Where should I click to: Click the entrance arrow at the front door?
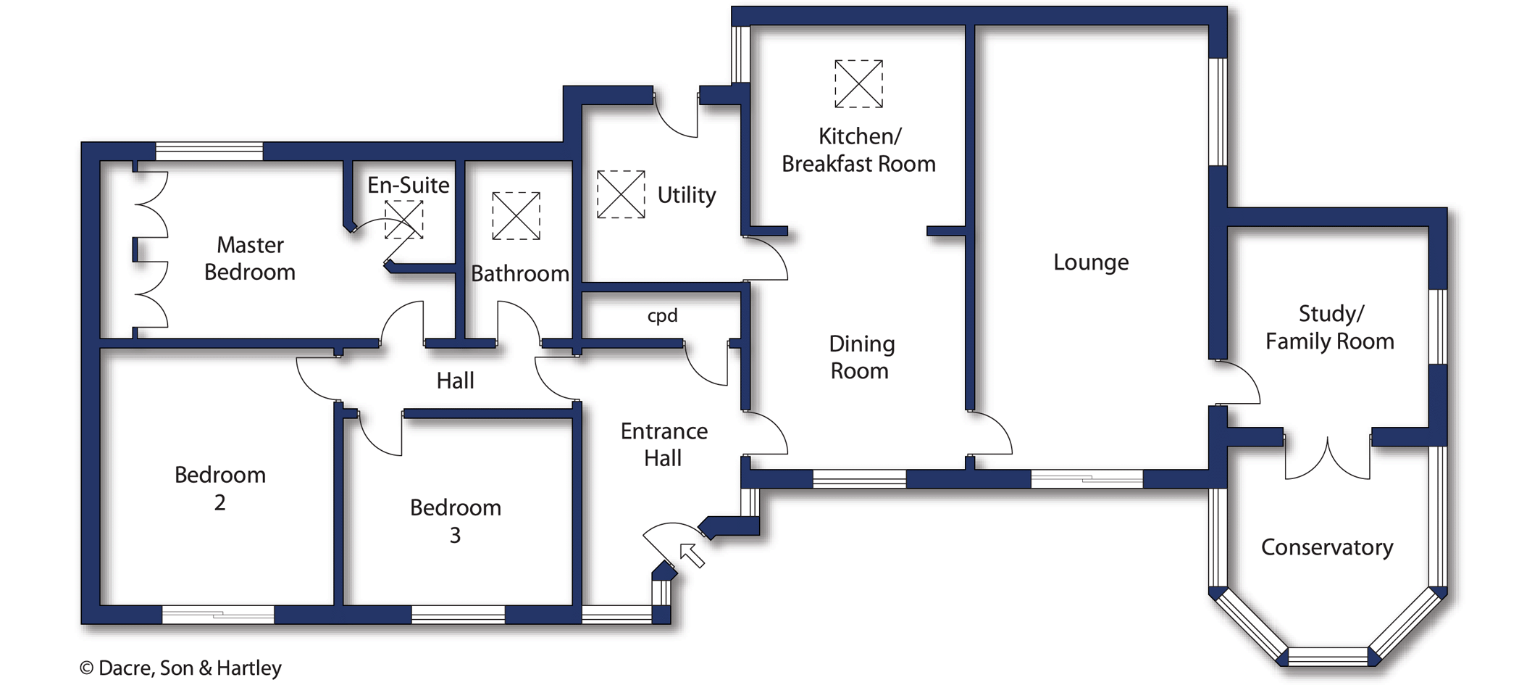click(x=692, y=556)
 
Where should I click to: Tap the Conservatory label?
click(x=1326, y=547)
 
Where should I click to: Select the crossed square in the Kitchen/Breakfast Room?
click(x=858, y=84)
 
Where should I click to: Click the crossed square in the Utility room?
click(x=621, y=194)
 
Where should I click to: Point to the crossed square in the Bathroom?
click(x=516, y=216)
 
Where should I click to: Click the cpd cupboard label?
click(x=662, y=316)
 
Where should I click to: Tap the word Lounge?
click(x=1090, y=262)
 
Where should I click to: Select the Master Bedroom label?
click(x=250, y=259)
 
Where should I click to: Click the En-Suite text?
click(x=408, y=186)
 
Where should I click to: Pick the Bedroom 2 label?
click(x=220, y=489)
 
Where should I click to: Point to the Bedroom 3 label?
click(x=455, y=521)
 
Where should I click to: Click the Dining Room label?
click(x=861, y=357)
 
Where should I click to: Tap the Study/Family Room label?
click(x=1329, y=328)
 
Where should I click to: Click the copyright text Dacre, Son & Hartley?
click(x=180, y=668)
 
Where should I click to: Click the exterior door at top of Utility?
click(x=677, y=116)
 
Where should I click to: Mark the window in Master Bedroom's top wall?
click(x=209, y=151)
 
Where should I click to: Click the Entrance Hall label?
click(x=664, y=444)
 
